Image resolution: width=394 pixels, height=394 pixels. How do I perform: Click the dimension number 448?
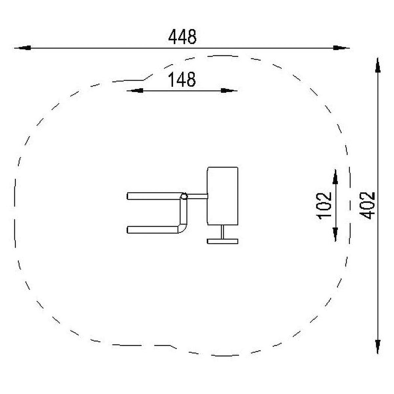tap(182, 37)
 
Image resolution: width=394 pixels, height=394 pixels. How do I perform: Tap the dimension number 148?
tap(182, 79)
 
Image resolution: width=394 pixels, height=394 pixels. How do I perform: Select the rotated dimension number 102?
tap(323, 206)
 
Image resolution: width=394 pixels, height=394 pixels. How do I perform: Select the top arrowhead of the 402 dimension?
tap(378, 65)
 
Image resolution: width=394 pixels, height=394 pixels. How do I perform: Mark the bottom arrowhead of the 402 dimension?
tap(378, 346)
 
